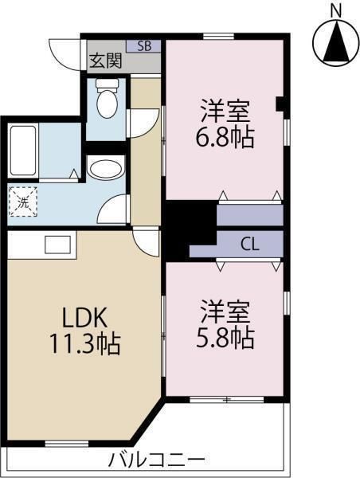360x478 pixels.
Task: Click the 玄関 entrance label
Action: tap(105, 61)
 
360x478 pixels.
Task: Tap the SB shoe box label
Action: tap(144, 46)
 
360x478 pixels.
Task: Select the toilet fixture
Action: tap(107, 98)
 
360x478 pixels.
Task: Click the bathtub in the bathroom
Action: tap(23, 151)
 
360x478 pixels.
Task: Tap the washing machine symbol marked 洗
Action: tap(23, 202)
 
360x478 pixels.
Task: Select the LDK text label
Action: tap(84, 318)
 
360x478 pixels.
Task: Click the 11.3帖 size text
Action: tap(85, 344)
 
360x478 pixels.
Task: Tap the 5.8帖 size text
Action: tap(225, 338)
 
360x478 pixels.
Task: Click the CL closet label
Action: tap(250, 245)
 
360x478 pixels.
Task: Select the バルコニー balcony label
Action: tap(156, 459)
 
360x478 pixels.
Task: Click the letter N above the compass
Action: tap(336, 11)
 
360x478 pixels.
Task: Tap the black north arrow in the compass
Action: tap(336, 41)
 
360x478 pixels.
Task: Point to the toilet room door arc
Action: tap(143, 123)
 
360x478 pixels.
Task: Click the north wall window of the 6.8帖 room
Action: tap(218, 36)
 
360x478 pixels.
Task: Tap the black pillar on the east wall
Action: tap(280, 104)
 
